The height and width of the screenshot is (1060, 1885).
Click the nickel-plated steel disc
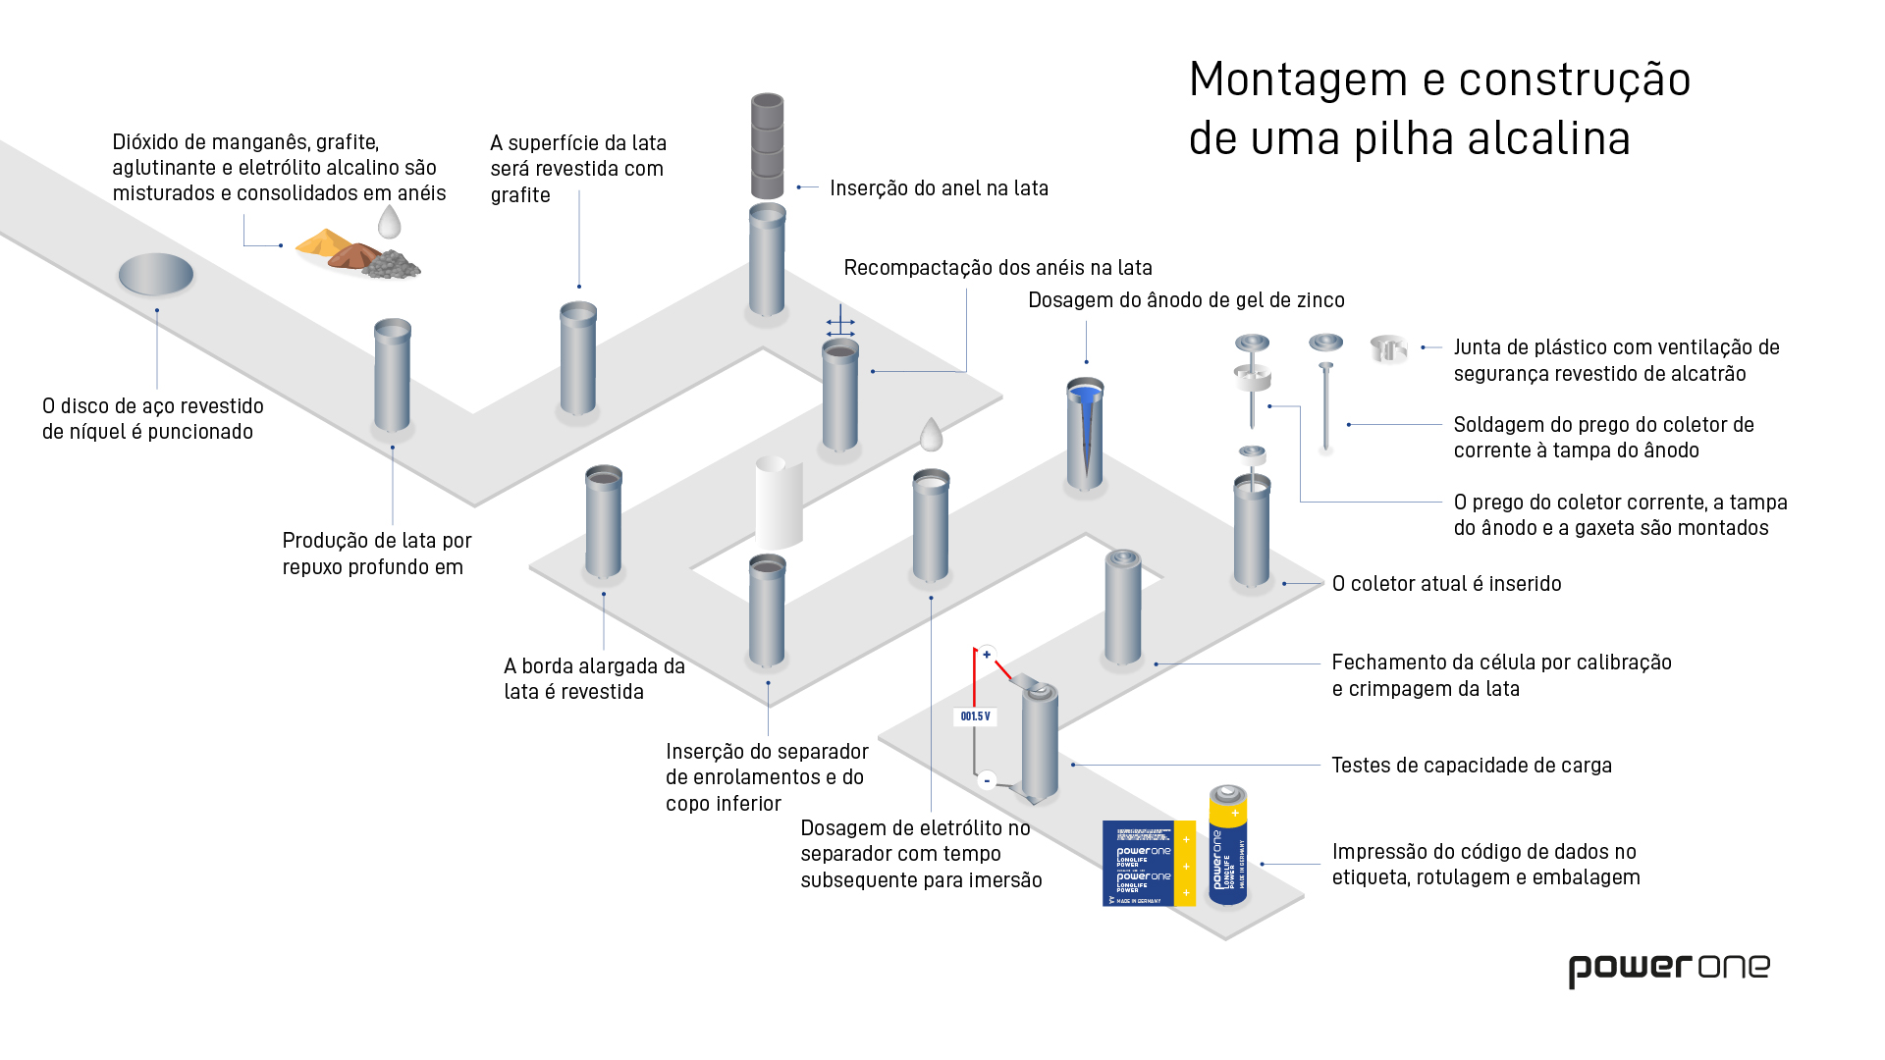[x=156, y=274]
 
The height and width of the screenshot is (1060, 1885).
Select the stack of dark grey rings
[x=767, y=146]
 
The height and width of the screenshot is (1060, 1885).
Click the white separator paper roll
[x=779, y=503]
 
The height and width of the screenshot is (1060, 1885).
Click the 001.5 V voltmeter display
[x=975, y=716]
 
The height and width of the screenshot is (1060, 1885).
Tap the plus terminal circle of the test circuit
[x=987, y=654]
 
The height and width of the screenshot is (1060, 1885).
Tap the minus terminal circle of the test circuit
[x=987, y=780]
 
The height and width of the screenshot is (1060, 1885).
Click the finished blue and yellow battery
[x=1227, y=844]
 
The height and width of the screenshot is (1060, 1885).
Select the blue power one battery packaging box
[x=1148, y=864]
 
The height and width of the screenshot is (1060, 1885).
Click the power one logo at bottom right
[x=1668, y=970]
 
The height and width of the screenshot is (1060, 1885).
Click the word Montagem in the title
[x=1298, y=79]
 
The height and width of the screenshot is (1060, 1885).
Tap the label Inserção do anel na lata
[x=939, y=187]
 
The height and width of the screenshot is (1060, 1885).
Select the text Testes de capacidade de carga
[x=1471, y=765]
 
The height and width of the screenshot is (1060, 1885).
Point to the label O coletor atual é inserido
[x=1446, y=583]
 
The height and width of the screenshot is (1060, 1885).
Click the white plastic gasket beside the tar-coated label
[x=1388, y=348]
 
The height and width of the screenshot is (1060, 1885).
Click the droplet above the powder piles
[x=390, y=222]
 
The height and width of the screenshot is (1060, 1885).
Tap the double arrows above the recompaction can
[x=840, y=327]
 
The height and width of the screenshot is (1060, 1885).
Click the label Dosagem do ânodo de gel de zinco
[x=1186, y=299]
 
